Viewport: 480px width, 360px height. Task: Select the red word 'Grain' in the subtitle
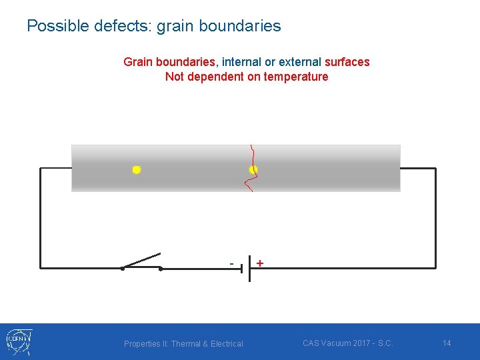click(138, 62)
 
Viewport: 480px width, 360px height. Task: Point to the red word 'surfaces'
click(347, 62)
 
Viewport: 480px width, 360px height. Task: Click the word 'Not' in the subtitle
click(175, 77)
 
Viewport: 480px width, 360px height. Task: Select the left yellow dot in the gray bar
click(136, 170)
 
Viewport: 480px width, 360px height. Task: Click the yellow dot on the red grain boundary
click(253, 170)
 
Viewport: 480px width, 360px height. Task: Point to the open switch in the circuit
click(141, 262)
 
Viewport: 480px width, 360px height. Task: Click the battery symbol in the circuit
click(245, 269)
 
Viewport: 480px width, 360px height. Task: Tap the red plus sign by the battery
click(259, 263)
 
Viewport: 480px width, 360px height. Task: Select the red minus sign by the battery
click(231, 263)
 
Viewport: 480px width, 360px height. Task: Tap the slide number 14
click(447, 343)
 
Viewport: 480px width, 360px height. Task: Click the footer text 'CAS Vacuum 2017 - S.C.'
click(347, 343)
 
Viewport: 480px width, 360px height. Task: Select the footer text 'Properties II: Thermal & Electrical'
click(183, 344)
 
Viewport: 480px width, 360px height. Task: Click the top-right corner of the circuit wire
click(435, 169)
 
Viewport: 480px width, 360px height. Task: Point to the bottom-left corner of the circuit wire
click(41, 269)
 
